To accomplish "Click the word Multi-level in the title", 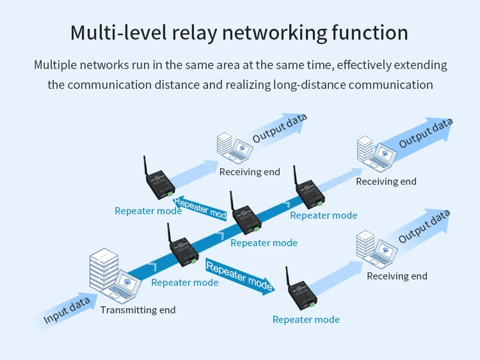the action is point(119,33).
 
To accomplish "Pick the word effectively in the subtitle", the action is point(364,65).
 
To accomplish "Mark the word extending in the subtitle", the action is point(420,65).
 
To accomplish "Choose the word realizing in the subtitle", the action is point(248,84).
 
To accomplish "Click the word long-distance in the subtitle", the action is point(310,84).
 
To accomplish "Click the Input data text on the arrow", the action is point(67,310).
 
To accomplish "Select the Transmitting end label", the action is point(138,310).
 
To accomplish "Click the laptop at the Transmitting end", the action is point(121,285).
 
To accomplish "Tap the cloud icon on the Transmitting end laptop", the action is point(127,280).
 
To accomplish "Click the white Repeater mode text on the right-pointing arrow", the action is point(239,277).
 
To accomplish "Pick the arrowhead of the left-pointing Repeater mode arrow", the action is point(178,201).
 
